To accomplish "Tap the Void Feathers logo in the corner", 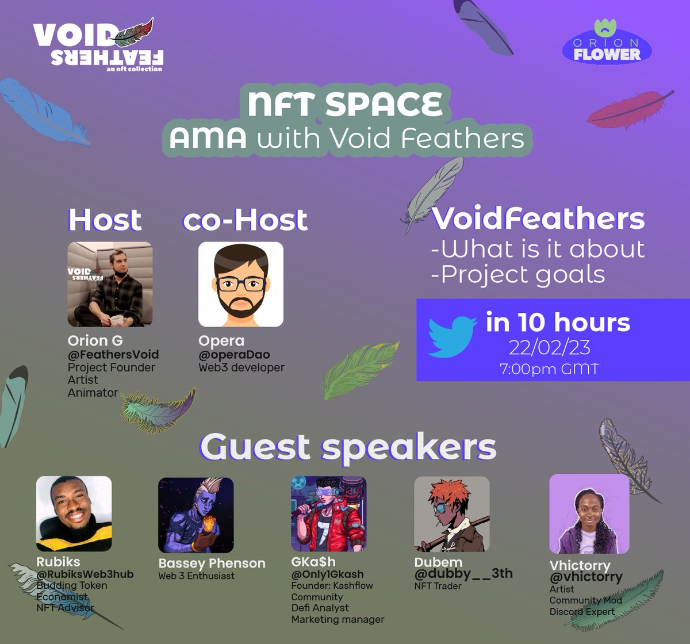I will click(x=98, y=46).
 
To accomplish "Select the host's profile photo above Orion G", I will click(x=110, y=284).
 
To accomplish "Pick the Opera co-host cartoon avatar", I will click(x=240, y=284).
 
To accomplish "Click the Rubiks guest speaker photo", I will click(x=74, y=513).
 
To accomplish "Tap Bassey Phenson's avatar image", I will click(x=196, y=515).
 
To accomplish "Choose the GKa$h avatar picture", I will click(x=328, y=513).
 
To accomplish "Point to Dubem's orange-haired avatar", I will click(x=451, y=513).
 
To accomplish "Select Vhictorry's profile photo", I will click(x=589, y=513).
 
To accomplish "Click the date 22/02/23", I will click(x=549, y=348).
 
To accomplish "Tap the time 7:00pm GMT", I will click(x=549, y=369).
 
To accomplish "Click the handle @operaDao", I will click(x=234, y=355).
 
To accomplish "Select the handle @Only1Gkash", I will click(x=327, y=574).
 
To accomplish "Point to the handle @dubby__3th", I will click(x=463, y=573).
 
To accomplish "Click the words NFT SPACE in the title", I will click(x=346, y=104).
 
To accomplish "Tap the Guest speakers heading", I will click(x=348, y=447).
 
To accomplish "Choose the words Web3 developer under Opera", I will click(x=241, y=367).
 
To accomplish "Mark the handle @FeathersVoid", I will click(x=113, y=355).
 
